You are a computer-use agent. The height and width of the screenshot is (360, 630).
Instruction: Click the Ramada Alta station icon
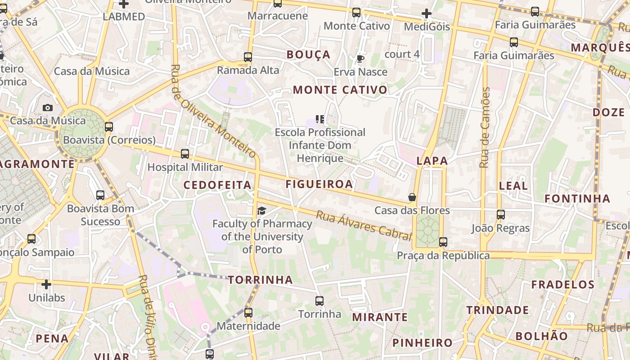click(248, 57)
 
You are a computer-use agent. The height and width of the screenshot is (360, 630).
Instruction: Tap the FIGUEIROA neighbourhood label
click(319, 184)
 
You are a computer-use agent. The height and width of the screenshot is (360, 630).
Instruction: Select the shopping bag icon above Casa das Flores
click(412, 197)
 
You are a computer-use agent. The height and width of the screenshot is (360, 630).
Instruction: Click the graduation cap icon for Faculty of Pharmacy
click(261, 211)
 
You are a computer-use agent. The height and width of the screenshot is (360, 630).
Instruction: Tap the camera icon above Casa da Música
click(48, 108)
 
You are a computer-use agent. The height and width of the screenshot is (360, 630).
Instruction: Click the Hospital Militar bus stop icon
click(185, 154)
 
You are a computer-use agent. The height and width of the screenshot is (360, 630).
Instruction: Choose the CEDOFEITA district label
click(217, 185)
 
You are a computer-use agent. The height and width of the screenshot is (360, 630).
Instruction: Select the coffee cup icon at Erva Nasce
click(360, 58)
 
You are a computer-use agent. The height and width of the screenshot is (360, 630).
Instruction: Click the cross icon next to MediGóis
click(427, 14)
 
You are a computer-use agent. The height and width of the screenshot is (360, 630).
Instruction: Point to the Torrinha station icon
click(319, 301)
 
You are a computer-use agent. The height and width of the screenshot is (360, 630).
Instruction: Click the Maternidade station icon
click(248, 313)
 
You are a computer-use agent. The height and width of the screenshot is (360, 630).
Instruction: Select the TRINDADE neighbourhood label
click(498, 310)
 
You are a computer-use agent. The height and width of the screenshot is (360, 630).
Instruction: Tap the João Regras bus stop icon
click(501, 215)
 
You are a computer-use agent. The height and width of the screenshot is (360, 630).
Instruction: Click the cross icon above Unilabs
click(46, 284)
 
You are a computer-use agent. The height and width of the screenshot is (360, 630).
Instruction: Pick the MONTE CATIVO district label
click(340, 90)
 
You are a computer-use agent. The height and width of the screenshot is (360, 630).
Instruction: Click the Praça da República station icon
click(443, 242)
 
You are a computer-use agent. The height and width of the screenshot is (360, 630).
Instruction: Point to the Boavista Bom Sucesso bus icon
click(100, 195)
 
